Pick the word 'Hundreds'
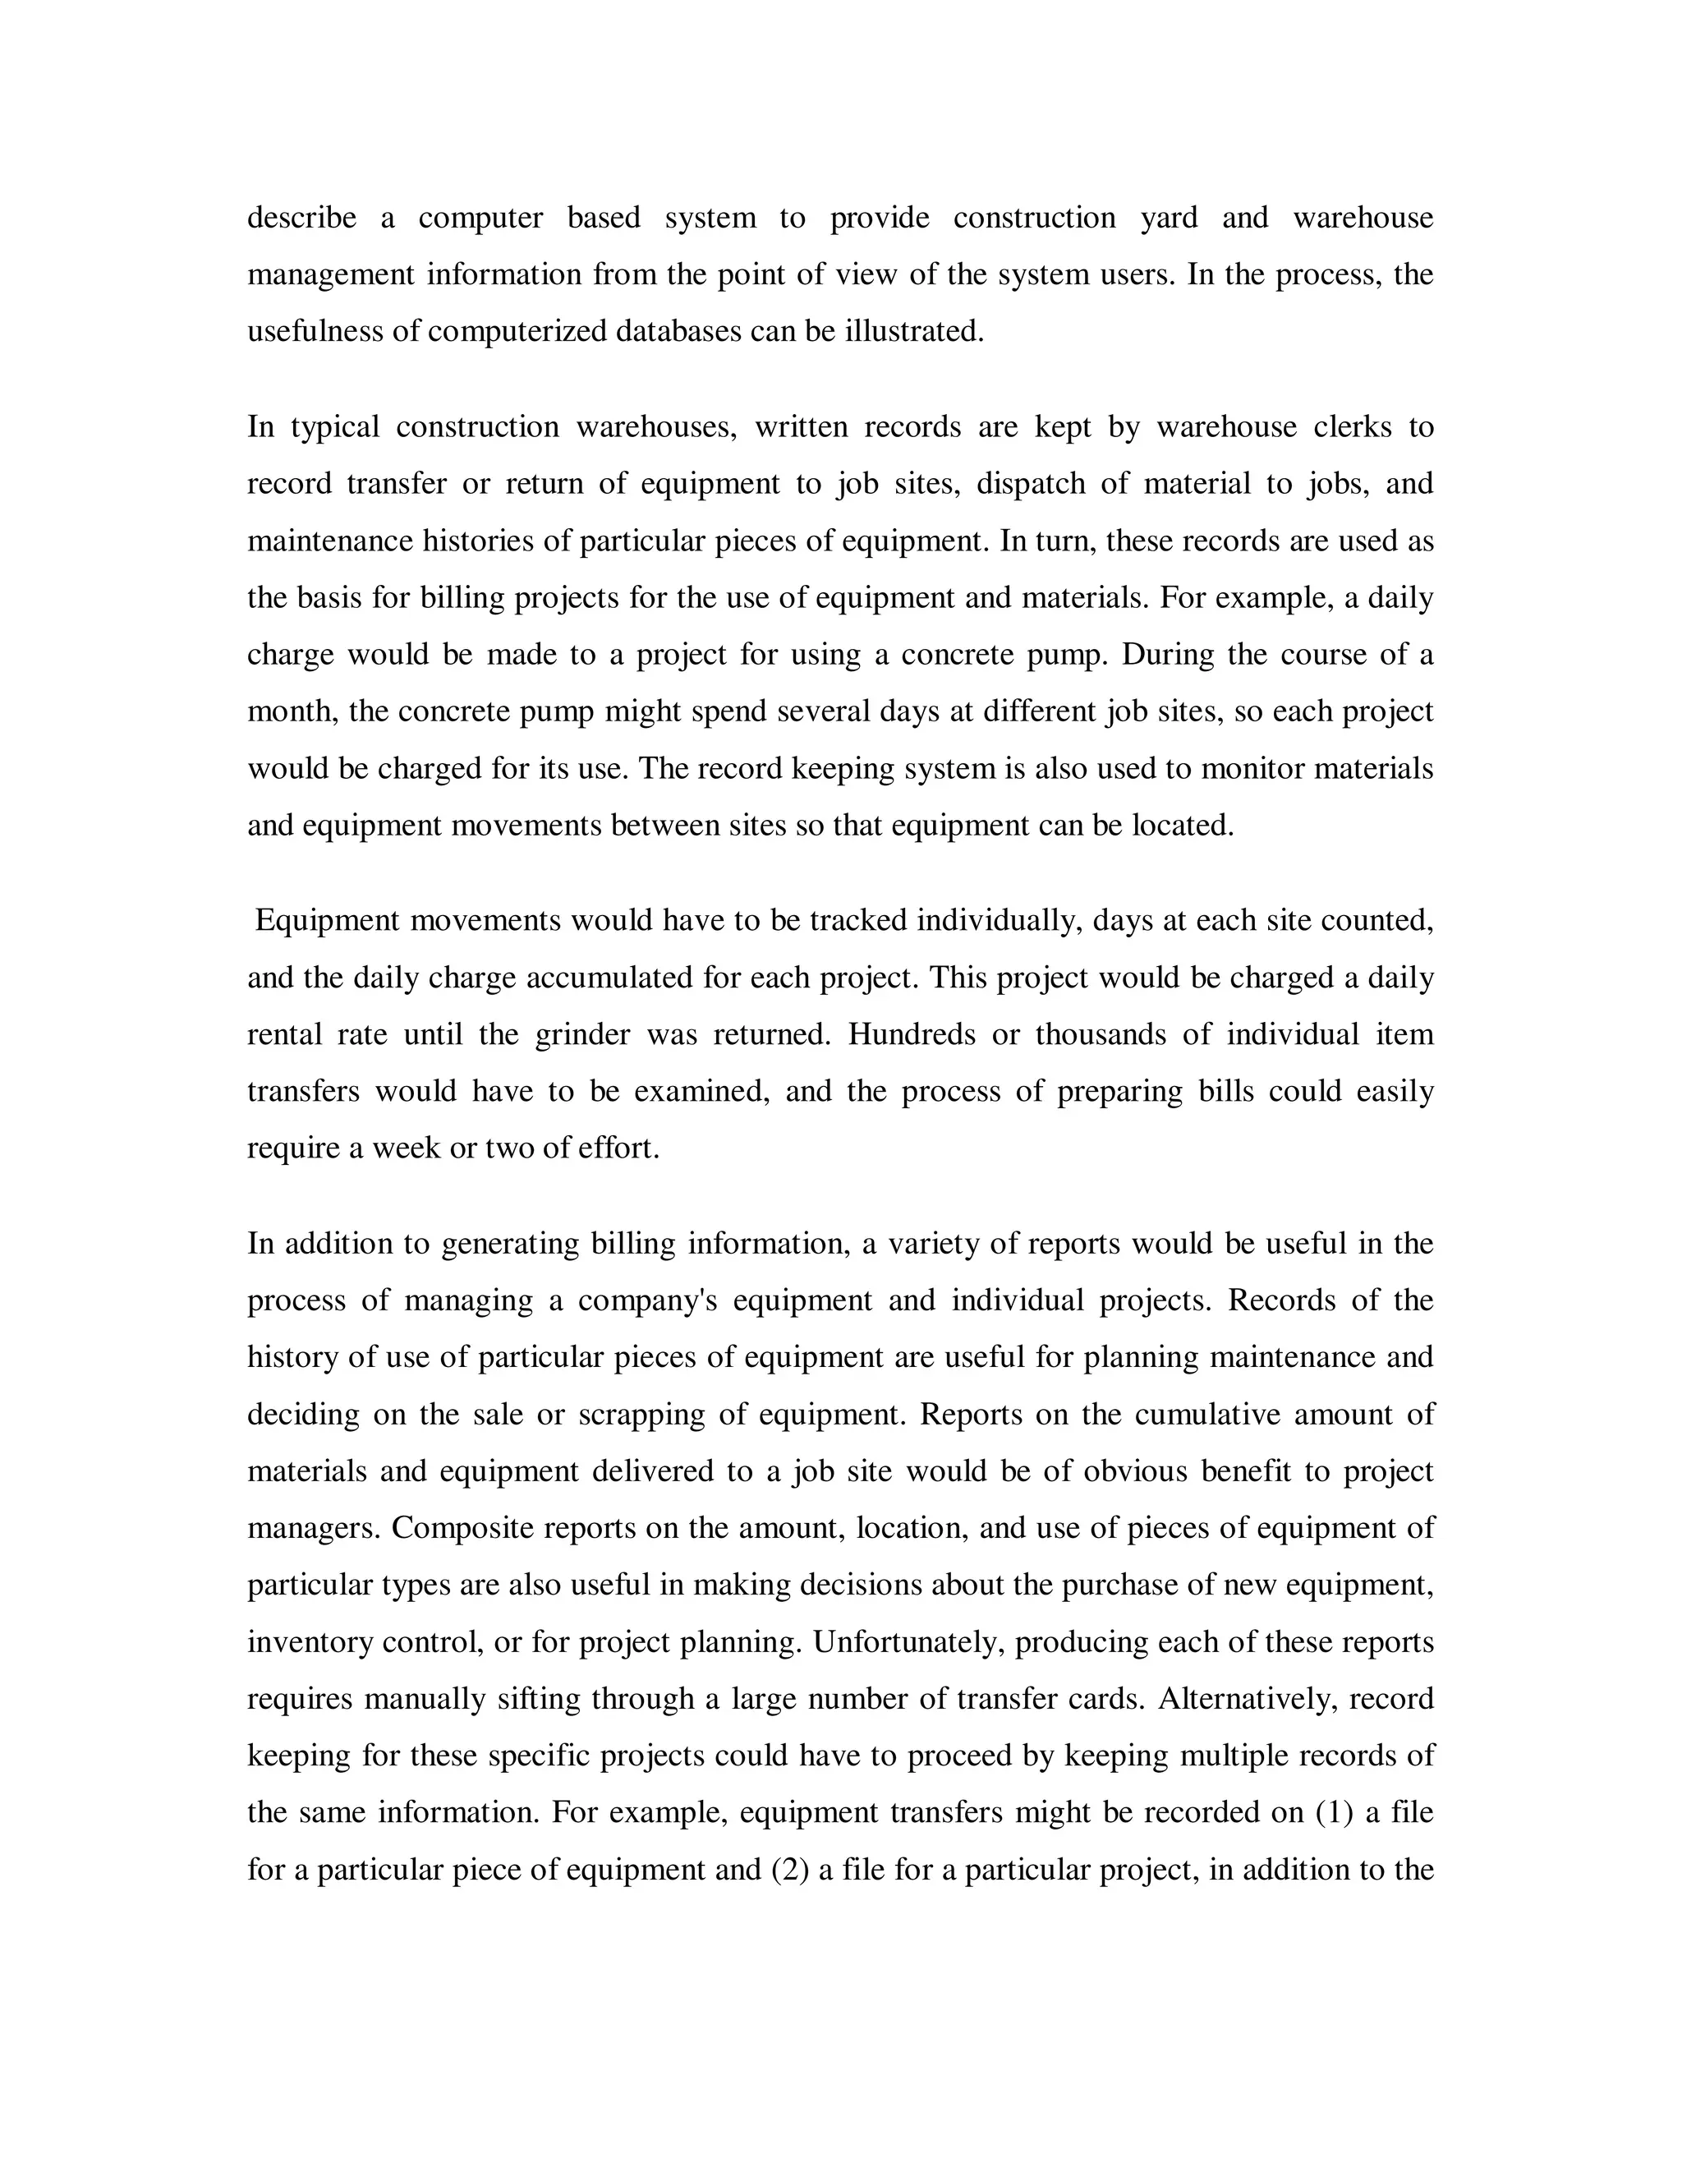[x=912, y=1033]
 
